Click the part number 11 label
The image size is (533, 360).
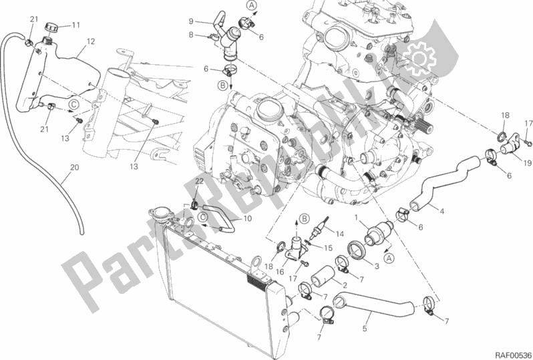coord(75,25)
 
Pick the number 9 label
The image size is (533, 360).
coord(191,22)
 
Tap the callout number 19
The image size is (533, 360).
coord(527,162)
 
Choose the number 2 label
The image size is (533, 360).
coord(344,285)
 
